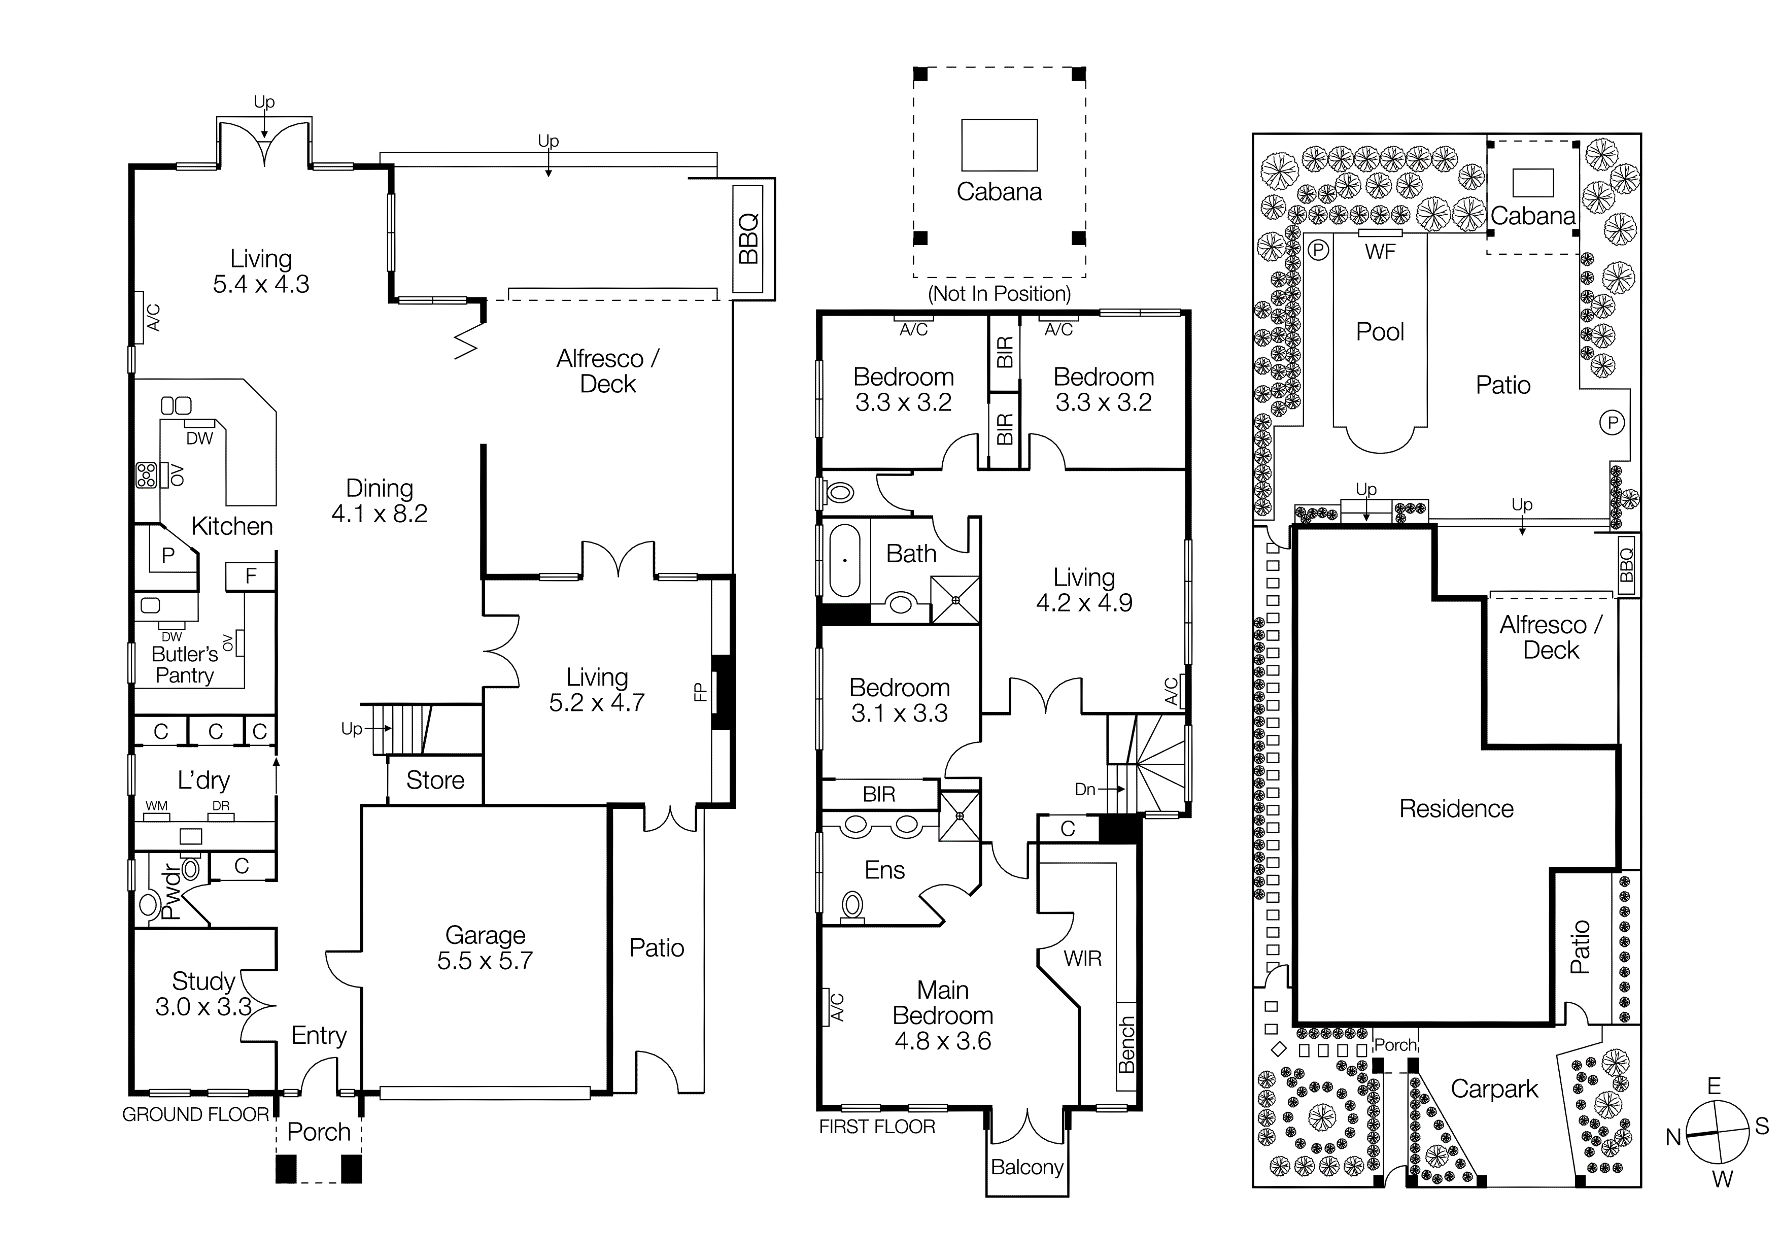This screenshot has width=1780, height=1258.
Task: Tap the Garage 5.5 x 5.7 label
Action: (x=485, y=948)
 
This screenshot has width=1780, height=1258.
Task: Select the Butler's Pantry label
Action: (x=185, y=664)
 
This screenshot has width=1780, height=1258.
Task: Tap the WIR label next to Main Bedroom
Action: (x=1082, y=959)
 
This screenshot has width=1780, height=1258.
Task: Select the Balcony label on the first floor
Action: (x=1026, y=1167)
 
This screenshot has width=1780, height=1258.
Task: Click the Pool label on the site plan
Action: (x=1380, y=332)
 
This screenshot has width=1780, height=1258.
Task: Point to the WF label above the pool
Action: (x=1380, y=251)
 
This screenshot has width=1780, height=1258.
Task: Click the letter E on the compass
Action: (x=1714, y=1086)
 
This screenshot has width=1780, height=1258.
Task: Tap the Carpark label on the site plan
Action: (x=1494, y=1089)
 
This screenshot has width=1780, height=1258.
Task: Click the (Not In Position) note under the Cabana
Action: (x=999, y=294)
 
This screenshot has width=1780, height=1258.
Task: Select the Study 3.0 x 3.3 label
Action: (x=203, y=994)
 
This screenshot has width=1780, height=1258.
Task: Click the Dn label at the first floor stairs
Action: (x=1084, y=789)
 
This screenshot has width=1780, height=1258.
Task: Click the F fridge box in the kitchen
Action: (x=251, y=576)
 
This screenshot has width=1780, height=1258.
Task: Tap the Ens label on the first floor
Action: (x=884, y=870)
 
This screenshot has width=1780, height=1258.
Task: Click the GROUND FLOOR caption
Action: (x=195, y=1114)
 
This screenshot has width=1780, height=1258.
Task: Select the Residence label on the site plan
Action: (x=1456, y=808)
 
